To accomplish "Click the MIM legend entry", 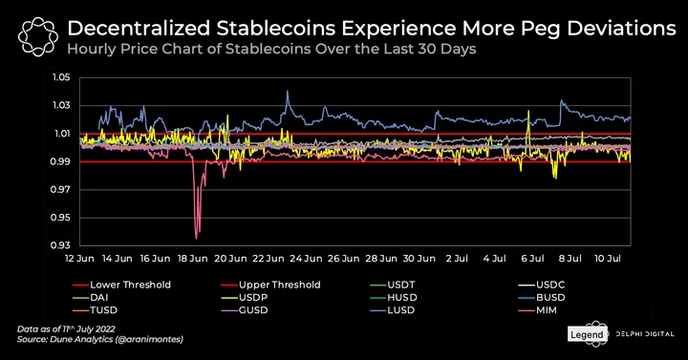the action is pyautogui.click(x=537, y=310).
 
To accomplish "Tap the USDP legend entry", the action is pyautogui.click(x=244, y=297).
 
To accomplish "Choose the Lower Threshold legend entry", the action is pyautogui.click(x=121, y=285).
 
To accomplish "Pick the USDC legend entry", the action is pyautogui.click(x=542, y=285).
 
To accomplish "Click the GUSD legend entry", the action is pyautogui.click(x=244, y=310).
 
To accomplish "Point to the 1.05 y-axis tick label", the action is pyautogui.click(x=61, y=77).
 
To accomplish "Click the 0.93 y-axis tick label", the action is pyautogui.click(x=61, y=245).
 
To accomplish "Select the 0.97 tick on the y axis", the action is pyautogui.click(x=61, y=189).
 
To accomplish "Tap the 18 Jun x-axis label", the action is pyautogui.click(x=193, y=258).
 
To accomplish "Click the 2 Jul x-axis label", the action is pyautogui.click(x=457, y=258).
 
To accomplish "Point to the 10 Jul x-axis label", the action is pyautogui.click(x=608, y=258).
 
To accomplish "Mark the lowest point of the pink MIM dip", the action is pyautogui.click(x=196, y=239).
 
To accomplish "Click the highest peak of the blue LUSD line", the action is pyautogui.click(x=288, y=91).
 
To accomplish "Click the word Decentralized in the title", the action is pyautogui.click(x=139, y=29).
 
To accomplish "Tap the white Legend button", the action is pyautogui.click(x=587, y=334).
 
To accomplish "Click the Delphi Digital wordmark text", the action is pyautogui.click(x=645, y=334).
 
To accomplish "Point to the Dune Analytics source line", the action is pyautogui.click(x=100, y=339).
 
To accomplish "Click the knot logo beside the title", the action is pyautogui.click(x=38, y=37).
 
